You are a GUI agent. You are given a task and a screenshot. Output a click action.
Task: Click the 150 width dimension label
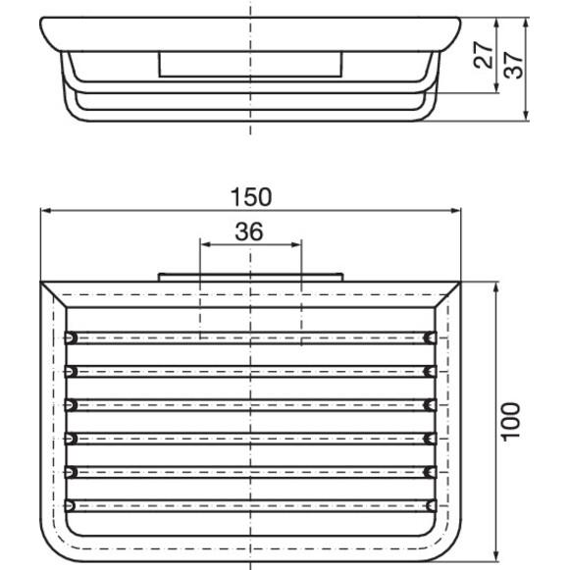point(251,197)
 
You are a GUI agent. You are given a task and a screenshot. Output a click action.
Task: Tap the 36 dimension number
point(249,232)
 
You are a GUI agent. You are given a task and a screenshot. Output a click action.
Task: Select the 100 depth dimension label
point(511,422)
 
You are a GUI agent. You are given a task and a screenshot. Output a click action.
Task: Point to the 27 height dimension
point(483,55)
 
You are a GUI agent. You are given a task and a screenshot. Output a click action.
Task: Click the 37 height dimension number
point(513,65)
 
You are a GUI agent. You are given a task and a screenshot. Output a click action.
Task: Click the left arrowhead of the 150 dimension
point(46,211)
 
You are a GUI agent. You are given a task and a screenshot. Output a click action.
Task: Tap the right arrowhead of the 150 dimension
point(455,211)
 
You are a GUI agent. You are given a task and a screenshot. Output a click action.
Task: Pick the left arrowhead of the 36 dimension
point(206,244)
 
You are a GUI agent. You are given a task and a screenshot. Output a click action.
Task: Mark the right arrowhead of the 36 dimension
point(296,244)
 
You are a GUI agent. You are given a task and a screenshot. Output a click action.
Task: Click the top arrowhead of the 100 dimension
point(496,287)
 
